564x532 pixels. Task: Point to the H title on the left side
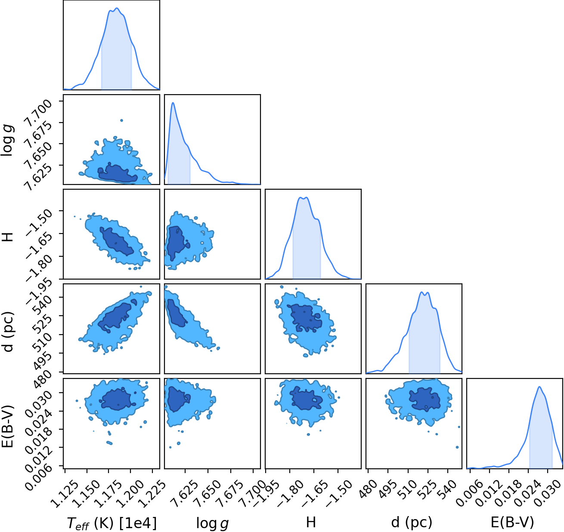pyautogui.click(x=8, y=234)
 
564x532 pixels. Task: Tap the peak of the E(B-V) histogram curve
pyautogui.click(x=539, y=387)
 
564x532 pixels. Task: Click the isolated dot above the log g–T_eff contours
pyautogui.click(x=121, y=120)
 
